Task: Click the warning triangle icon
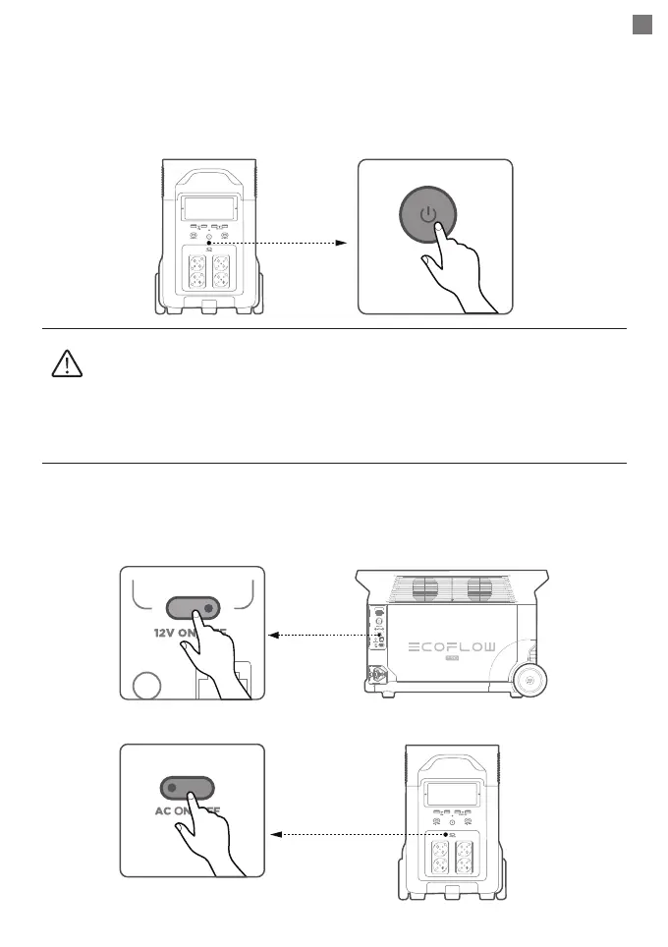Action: [x=65, y=365]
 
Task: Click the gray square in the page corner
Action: [x=641, y=26]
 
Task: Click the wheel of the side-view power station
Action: [x=531, y=679]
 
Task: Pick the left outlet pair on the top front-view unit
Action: [x=195, y=270]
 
